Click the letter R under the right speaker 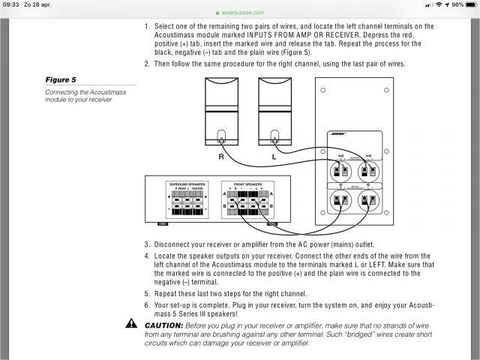(221, 157)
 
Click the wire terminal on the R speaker (221, 138)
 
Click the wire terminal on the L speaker (274, 138)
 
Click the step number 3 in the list (147, 244)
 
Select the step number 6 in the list (147, 306)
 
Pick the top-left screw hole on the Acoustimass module (323, 91)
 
